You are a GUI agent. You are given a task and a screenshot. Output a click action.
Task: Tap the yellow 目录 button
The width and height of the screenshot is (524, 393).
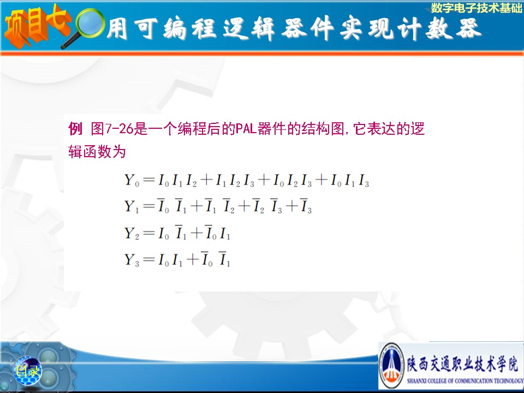click(x=28, y=371)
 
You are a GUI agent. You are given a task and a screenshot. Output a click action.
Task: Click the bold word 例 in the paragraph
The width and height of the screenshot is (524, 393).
click(x=75, y=128)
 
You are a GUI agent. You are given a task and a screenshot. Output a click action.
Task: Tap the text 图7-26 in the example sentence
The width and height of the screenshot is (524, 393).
click(x=112, y=129)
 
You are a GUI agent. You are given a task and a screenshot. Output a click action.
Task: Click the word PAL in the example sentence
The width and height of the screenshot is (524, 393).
click(x=246, y=129)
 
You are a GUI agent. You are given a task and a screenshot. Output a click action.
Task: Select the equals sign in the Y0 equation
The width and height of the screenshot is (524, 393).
click(x=148, y=180)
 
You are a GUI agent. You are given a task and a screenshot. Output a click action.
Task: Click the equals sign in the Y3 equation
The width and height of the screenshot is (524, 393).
click(x=148, y=259)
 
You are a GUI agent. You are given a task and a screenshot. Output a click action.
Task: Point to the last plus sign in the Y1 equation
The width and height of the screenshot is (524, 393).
click(x=291, y=206)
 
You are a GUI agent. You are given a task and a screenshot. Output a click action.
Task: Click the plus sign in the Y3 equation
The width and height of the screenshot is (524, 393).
click(x=193, y=259)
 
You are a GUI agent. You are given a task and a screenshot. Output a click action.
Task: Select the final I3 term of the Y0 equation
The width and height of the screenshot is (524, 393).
click(x=364, y=181)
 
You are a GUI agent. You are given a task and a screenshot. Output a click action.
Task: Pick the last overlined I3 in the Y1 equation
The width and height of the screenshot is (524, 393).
click(x=306, y=206)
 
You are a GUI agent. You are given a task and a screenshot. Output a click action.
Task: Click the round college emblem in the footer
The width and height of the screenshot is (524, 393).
click(x=392, y=365)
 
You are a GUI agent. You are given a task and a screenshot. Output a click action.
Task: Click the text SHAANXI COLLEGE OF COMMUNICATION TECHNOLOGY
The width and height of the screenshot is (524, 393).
click(x=465, y=380)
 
